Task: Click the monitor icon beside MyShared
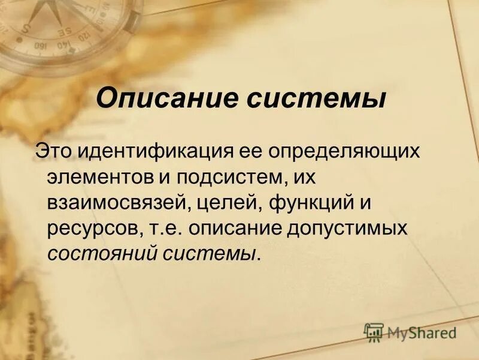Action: [374, 332]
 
